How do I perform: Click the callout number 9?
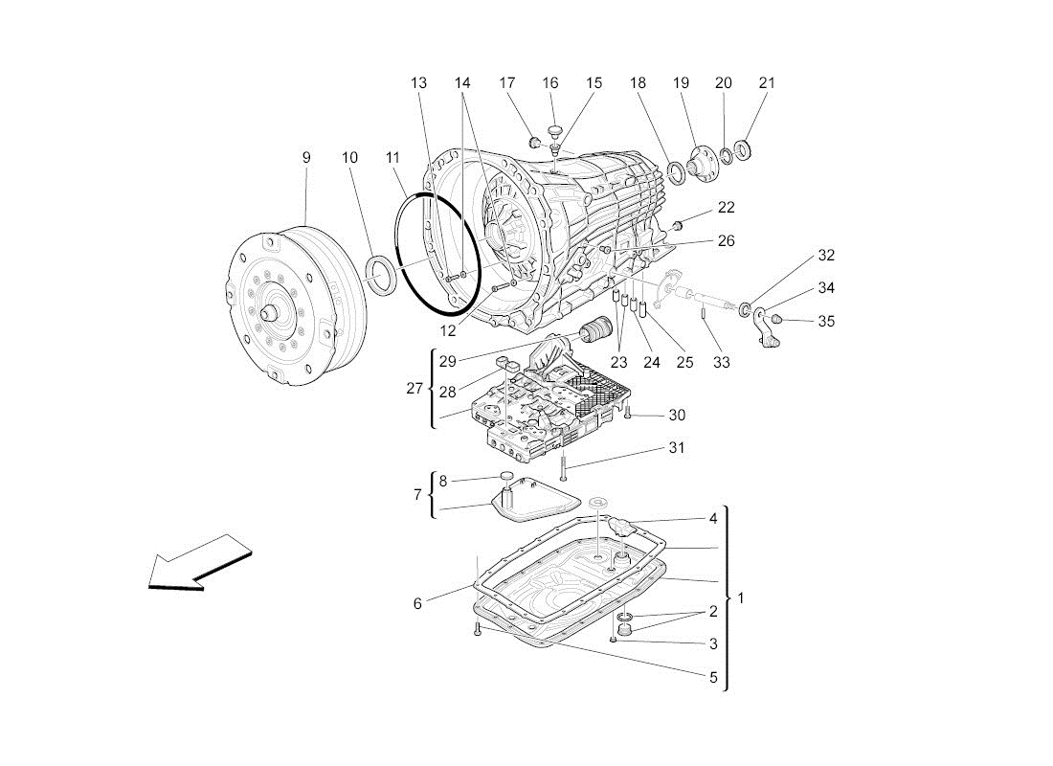[306, 157]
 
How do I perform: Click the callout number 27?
[414, 389]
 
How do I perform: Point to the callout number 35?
[826, 321]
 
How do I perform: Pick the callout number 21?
[767, 83]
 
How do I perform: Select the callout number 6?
[417, 603]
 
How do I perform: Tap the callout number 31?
[677, 448]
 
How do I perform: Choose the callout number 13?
[418, 83]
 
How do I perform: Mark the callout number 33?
[721, 363]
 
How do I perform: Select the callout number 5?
[713, 677]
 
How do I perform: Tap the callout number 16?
[550, 83]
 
